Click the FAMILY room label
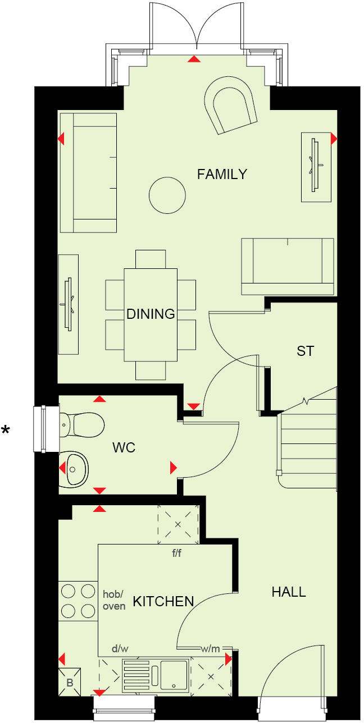[222, 175]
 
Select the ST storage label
[305, 352]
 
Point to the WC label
[124, 448]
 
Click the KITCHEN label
[163, 602]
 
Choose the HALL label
[289, 592]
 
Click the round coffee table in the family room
[167, 195]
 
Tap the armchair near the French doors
[230, 105]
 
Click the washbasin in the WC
[75, 467]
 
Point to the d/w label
[120, 649]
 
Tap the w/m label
[210, 649]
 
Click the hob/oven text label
[114, 600]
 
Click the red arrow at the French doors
[194, 59]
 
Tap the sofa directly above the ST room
[287, 266]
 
